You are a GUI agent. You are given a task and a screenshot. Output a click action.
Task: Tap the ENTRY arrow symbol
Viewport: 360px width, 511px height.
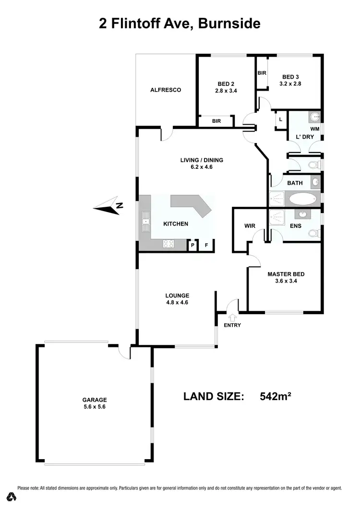(x=233, y=317)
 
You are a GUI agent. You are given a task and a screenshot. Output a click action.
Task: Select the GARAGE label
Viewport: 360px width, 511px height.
(x=94, y=399)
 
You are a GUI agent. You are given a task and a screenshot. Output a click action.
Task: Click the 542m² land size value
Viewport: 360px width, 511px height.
(x=276, y=396)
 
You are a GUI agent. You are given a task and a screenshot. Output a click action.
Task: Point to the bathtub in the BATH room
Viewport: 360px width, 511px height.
(x=301, y=198)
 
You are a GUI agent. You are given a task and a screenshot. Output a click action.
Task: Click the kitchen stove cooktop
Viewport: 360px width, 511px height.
(x=168, y=243)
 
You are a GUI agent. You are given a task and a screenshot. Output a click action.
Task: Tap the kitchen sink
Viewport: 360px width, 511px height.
(x=144, y=222)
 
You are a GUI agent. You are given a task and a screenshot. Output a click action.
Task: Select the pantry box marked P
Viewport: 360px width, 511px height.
(x=193, y=245)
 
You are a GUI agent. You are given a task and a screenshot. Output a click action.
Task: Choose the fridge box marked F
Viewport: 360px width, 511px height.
(x=206, y=245)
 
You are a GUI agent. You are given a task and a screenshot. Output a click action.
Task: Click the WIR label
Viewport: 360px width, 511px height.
(x=250, y=226)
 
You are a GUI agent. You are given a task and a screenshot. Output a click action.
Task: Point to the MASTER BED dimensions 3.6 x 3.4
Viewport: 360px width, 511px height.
(x=286, y=282)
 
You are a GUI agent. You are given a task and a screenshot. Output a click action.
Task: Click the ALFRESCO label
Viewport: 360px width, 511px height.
(x=166, y=90)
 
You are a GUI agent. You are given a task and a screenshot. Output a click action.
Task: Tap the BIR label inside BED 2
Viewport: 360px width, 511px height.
(x=216, y=121)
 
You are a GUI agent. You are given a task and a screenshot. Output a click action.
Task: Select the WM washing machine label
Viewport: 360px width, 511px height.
(x=314, y=129)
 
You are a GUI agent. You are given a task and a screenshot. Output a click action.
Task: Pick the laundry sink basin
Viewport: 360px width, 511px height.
(x=314, y=116)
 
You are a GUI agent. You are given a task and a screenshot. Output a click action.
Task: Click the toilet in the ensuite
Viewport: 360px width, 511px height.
(x=313, y=234)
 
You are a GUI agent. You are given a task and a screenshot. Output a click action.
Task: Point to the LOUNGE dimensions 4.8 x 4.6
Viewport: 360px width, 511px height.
(x=178, y=303)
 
